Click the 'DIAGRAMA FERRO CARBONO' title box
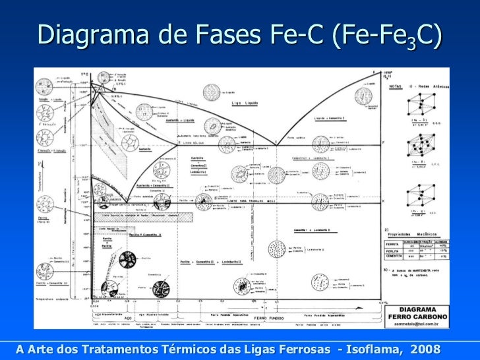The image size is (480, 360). click(x=423, y=313)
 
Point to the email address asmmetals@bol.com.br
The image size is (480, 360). click(x=423, y=324)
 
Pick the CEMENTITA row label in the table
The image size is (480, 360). click(x=394, y=258)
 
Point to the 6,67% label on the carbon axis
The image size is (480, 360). click(x=380, y=301)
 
